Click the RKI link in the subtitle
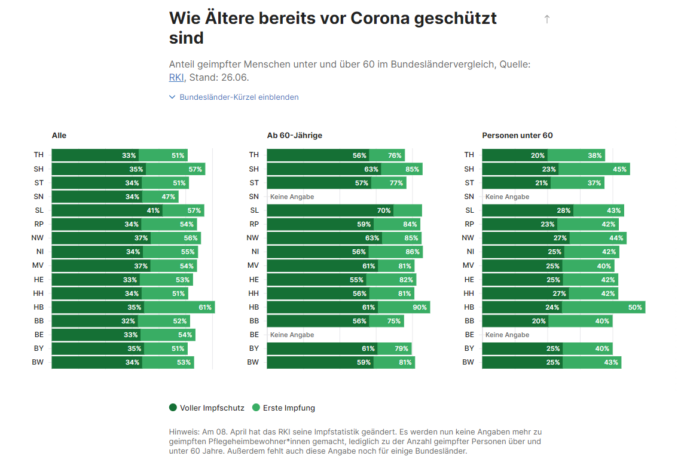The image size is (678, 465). click(176, 77)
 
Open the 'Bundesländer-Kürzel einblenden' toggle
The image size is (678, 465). click(234, 97)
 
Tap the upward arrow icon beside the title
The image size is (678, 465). click(546, 19)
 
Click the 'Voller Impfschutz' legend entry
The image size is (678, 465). click(207, 408)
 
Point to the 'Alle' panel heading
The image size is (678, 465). click(59, 136)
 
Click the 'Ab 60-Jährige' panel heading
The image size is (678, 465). click(294, 136)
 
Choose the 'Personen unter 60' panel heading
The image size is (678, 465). click(517, 136)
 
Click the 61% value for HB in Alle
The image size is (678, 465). click(205, 307)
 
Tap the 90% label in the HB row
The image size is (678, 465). click(420, 307)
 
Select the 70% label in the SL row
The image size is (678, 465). click(384, 210)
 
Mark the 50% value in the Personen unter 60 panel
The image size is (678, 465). click(635, 307)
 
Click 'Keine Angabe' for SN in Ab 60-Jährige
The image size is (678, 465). click(292, 197)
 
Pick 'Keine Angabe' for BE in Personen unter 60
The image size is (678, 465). click(507, 335)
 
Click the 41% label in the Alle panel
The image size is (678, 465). click(153, 210)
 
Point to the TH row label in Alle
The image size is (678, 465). click(38, 155)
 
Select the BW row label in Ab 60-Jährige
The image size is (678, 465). click(254, 362)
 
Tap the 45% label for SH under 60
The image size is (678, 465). click(619, 169)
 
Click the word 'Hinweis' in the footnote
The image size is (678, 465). click(184, 432)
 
